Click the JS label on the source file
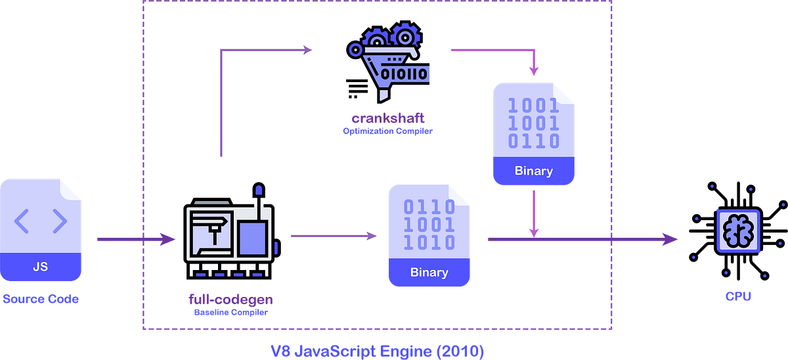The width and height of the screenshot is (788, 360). tap(40, 267)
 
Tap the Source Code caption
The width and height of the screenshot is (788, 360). tap(41, 299)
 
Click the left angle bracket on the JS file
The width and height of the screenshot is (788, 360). tap(22, 222)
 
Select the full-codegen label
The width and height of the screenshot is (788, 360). tap(230, 300)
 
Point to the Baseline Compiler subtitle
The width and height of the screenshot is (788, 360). tap(230, 313)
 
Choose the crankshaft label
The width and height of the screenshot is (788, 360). tap(387, 118)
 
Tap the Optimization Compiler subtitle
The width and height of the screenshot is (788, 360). tap(387, 131)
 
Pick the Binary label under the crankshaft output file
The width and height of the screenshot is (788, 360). tap(534, 171)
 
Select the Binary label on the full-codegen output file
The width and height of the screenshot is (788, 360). tap(429, 272)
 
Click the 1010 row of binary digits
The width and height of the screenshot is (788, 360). tap(429, 242)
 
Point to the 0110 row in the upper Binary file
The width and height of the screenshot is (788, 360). tap(534, 141)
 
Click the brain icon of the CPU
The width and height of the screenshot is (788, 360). tap(738, 231)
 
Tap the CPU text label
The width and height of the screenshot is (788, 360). tap(738, 297)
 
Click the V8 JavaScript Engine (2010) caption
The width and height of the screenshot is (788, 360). tap(378, 351)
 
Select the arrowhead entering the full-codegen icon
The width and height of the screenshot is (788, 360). tap(169, 239)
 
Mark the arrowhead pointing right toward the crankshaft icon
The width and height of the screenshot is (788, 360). tap(307, 49)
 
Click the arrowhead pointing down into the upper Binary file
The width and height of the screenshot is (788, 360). tap(534, 70)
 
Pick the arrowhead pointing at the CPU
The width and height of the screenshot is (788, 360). tap(671, 239)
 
